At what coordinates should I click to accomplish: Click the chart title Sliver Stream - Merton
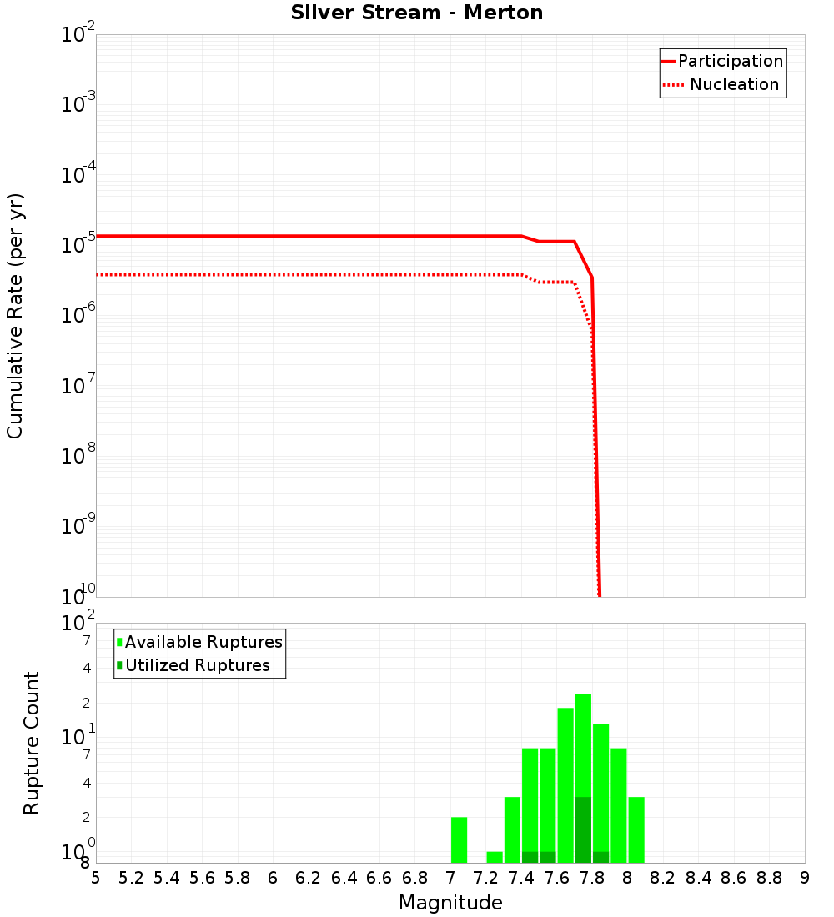[x=417, y=13]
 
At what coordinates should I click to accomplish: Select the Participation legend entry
[x=730, y=61]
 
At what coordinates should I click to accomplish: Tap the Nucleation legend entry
[x=734, y=84]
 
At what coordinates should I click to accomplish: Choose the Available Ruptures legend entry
[x=203, y=642]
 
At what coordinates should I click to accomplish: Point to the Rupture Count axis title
[x=32, y=743]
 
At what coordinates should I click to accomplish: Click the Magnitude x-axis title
[x=450, y=903]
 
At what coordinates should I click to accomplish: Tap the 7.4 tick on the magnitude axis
[x=521, y=878]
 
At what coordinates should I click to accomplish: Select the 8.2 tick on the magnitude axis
[x=663, y=878]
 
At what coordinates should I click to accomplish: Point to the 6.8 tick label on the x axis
[x=414, y=878]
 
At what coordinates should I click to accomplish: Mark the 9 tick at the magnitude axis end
[x=805, y=878]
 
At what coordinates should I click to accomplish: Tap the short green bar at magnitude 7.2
[x=495, y=857]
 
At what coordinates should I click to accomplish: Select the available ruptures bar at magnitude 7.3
[x=512, y=829]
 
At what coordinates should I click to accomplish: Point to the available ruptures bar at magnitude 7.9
[x=619, y=804]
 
